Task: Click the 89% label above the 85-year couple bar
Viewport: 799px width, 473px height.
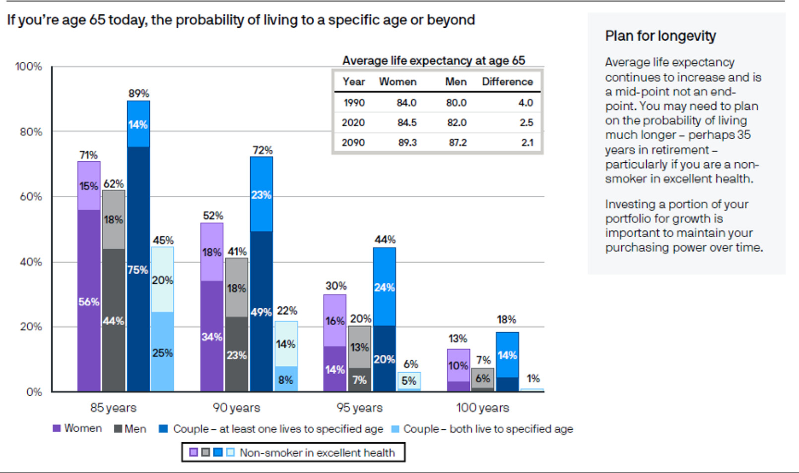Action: [138, 93]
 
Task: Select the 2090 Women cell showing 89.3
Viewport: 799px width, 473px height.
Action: [407, 142]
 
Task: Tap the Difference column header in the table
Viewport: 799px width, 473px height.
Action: [507, 82]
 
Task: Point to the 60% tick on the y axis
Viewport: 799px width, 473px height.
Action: [31, 197]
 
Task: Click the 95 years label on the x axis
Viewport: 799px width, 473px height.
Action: [359, 407]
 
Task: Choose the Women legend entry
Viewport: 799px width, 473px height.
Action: [77, 428]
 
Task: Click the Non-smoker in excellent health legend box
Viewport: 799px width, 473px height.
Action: [293, 452]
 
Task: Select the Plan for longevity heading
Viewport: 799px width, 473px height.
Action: [660, 36]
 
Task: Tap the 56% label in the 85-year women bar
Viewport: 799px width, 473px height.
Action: [89, 301]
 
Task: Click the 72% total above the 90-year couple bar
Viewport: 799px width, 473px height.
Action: [262, 150]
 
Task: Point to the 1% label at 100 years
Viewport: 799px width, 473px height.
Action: [533, 379]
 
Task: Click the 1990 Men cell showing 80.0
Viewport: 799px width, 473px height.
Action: [456, 103]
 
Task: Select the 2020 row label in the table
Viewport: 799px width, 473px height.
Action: [353, 123]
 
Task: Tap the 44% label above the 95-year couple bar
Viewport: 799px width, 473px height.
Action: [385, 240]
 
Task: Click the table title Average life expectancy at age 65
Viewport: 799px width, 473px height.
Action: [433, 61]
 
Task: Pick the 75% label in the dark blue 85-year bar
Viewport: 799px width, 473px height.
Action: [137, 270]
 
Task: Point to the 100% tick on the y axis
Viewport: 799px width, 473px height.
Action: [28, 67]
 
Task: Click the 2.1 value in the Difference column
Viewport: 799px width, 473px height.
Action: [527, 142]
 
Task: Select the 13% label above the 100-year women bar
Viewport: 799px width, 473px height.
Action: [458, 338]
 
